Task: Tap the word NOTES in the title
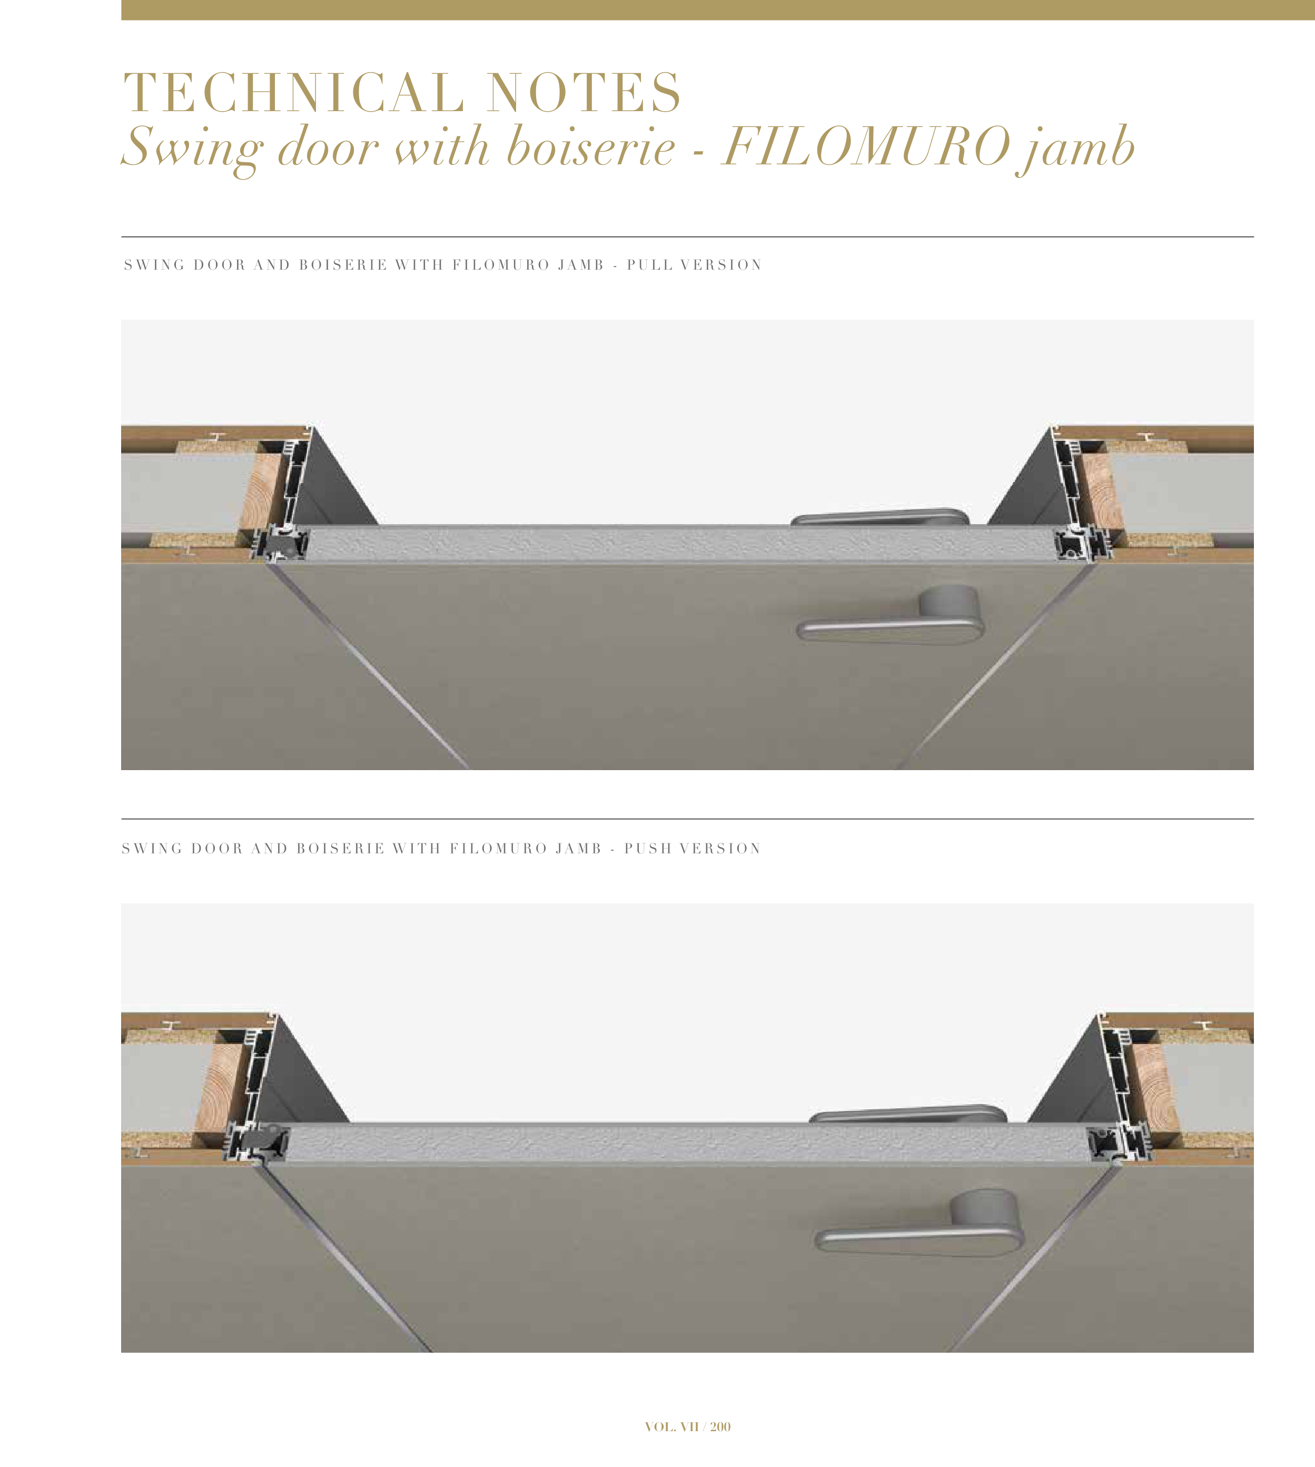click(x=584, y=93)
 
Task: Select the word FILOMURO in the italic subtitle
click(x=866, y=146)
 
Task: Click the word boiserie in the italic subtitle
click(x=590, y=146)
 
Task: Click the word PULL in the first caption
click(x=649, y=265)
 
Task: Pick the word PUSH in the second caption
click(x=647, y=849)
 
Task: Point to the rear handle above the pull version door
click(x=880, y=516)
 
